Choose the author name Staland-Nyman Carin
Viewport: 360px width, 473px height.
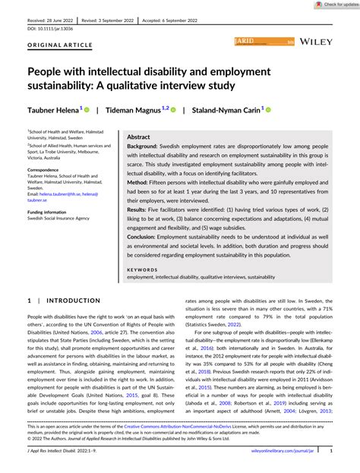pyautogui.click(x=223, y=110)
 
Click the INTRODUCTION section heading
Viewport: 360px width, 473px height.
pyautogui.click(x=74, y=301)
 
